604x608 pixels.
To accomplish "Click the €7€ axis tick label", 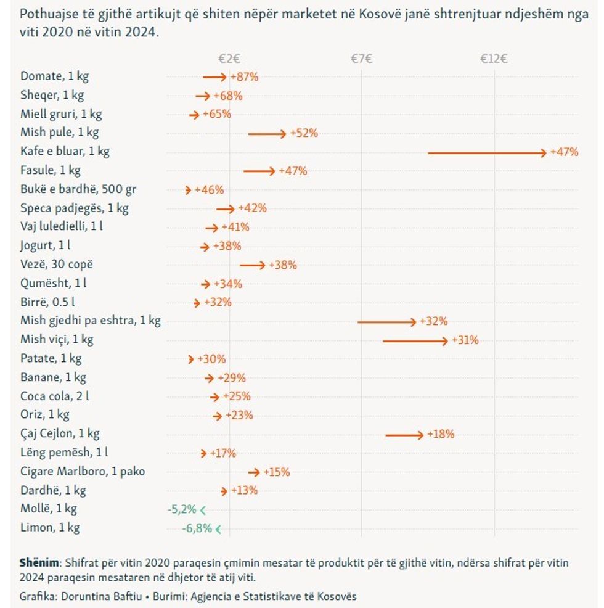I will pos(362,59).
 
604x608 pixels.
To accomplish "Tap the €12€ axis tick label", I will pos(494,59).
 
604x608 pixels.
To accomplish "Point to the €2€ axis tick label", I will pos(229,59).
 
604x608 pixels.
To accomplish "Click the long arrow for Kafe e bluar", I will pos(487,152).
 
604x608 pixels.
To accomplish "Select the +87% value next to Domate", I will pos(244,77).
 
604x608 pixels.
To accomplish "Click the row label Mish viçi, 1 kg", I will pos(57,340).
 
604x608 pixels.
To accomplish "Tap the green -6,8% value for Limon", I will pos(197,528).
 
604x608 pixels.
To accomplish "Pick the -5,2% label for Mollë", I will pos(182,509).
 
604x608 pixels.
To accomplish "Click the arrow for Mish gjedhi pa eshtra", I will pos(387,321).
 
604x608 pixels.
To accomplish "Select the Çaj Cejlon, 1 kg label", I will pos(60,434).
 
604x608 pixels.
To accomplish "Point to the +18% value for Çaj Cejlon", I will pos(441,435).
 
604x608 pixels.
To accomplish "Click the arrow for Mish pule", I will pos(267,133).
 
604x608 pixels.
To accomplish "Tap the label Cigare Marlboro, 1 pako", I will pos(83,472).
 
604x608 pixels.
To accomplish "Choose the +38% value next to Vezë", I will pos(283,265).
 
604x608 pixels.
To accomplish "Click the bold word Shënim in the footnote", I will pos(39,563).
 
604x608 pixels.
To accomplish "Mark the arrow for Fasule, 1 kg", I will pos(259,171).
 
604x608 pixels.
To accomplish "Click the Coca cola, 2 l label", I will pos(59,396).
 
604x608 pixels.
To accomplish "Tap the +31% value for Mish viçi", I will pos(465,340).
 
